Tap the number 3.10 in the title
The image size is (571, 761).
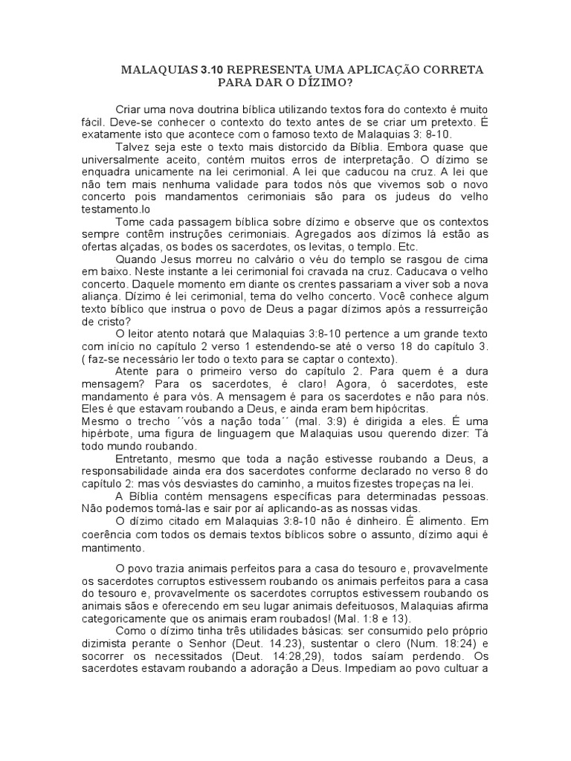[211, 70]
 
